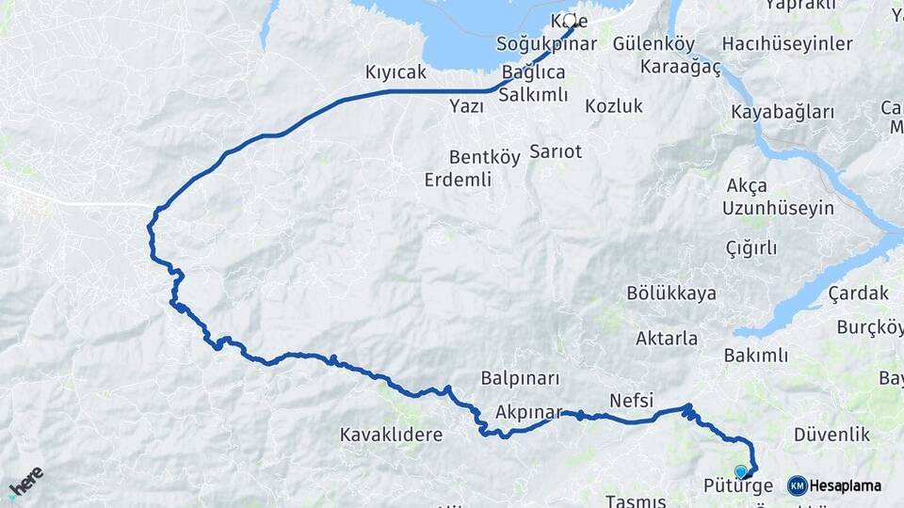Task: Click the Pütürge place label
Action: click(x=738, y=486)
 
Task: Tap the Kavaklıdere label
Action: click(x=391, y=435)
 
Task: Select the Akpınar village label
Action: click(x=528, y=412)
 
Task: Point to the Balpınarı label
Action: click(x=520, y=378)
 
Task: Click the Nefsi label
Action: click(x=631, y=400)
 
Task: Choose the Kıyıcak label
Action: click(x=395, y=72)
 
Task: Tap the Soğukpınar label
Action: click(x=547, y=44)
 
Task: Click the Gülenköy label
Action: click(x=654, y=44)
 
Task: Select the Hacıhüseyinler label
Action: click(x=787, y=44)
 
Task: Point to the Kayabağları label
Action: click(x=783, y=112)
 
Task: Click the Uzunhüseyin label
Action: click(x=778, y=208)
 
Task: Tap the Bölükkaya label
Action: click(x=671, y=294)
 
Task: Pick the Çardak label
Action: click(x=859, y=294)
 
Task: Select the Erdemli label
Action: click(x=459, y=180)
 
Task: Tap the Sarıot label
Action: click(x=556, y=151)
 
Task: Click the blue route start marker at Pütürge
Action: click(x=741, y=471)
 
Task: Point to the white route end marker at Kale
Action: click(x=569, y=19)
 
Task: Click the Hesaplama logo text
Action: click(x=846, y=486)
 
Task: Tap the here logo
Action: click(x=25, y=482)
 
